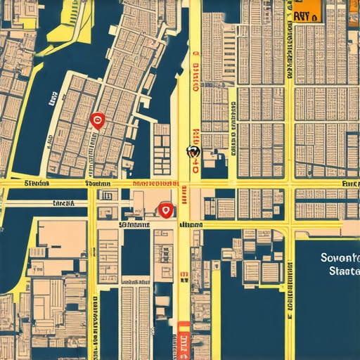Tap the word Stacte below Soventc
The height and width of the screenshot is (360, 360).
click(343, 271)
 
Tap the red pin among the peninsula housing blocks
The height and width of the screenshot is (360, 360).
click(98, 121)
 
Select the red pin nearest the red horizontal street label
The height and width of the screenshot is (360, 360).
click(166, 209)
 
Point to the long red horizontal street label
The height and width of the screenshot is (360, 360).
click(155, 184)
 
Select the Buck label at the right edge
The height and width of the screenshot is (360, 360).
click(349, 183)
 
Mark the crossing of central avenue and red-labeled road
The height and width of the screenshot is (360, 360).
click(184, 184)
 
